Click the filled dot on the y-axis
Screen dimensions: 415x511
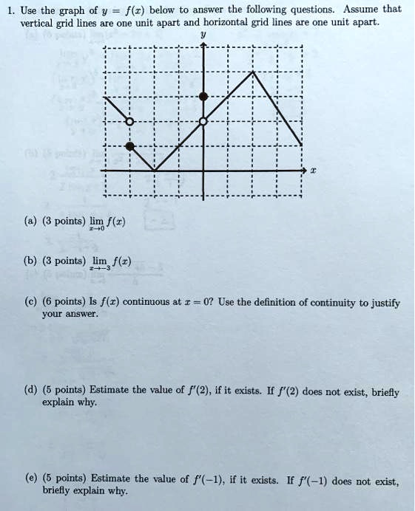pos(204,97)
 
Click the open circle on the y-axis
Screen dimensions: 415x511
pos(204,121)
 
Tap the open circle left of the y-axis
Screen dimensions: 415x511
pos(130,121)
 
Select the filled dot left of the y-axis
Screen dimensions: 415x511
pos(130,146)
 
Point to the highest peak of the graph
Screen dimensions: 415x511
pos(253,72)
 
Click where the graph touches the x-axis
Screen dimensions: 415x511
pos(155,171)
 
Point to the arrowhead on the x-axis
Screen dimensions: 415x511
pos(302,171)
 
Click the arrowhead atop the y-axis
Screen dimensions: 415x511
pos(204,47)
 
